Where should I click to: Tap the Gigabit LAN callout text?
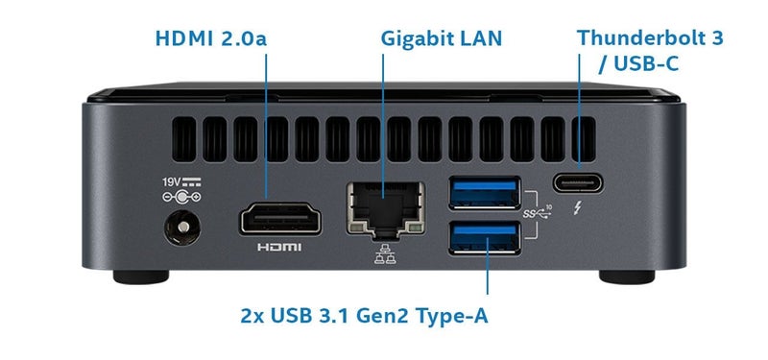coord(441,39)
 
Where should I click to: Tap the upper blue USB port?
coord(486,191)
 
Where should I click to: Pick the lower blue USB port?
coord(486,237)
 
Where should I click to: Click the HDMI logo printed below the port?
coord(279,248)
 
